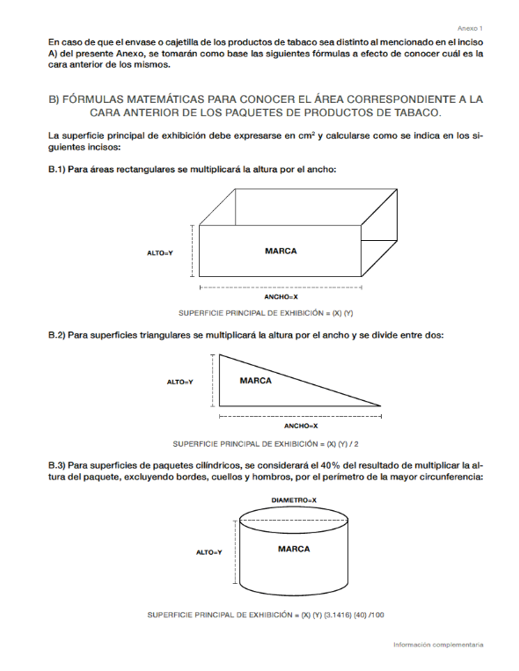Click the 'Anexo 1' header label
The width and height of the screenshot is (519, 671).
click(470, 28)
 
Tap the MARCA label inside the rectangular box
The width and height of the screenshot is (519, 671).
click(281, 251)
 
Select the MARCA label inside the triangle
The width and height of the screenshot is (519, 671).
click(256, 381)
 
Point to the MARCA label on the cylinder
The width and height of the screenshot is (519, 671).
click(294, 549)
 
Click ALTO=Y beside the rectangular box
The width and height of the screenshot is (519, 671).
click(160, 253)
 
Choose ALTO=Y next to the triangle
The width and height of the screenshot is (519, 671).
click(179, 382)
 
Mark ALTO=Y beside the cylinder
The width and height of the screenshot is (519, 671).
click(209, 552)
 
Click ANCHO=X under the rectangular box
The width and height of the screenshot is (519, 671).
click(281, 296)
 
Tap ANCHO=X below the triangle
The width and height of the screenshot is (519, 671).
click(301, 426)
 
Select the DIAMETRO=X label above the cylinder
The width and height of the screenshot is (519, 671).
click(294, 500)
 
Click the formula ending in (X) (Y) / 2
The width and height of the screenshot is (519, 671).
click(266, 444)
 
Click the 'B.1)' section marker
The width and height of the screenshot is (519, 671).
click(56, 169)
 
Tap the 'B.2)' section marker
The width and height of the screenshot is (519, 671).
click(56, 335)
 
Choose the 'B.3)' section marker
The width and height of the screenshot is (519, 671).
click(56, 465)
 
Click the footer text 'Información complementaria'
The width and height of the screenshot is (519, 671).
click(438, 645)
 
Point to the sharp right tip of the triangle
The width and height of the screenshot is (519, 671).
click(381, 405)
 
